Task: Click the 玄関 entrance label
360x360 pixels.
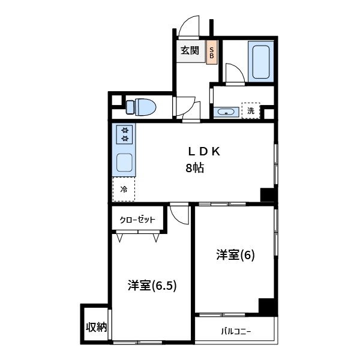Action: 190,50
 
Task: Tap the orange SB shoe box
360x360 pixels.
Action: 212,52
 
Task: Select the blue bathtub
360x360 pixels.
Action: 261,61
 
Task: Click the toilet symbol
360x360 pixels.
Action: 142,107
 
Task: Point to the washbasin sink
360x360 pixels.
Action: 226,112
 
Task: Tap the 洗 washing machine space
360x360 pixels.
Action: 251,111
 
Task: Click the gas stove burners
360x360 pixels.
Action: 125,134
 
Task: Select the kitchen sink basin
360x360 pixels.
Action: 125,162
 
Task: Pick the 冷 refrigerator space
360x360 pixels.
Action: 124,189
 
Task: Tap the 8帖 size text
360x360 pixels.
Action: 194,169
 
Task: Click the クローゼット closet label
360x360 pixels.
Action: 137,220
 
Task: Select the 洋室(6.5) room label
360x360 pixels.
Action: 151,286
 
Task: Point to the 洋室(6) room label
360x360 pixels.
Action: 236,255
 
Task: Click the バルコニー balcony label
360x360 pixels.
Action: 236,331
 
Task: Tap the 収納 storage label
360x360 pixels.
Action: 95,327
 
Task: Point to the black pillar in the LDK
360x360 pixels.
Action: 267,195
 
